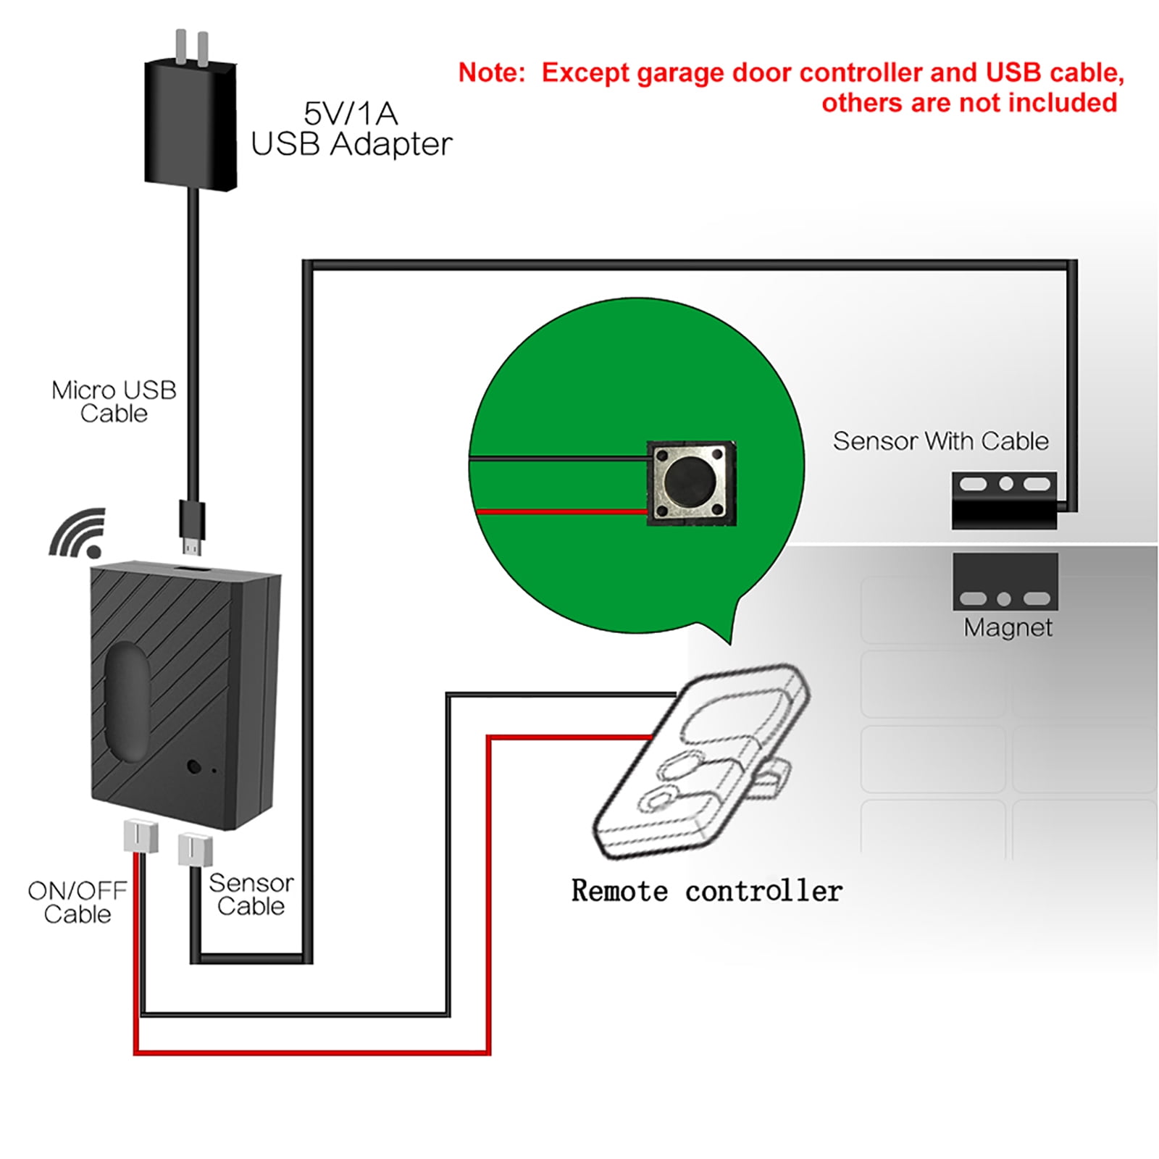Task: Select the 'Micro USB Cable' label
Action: click(114, 401)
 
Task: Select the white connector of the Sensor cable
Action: click(195, 849)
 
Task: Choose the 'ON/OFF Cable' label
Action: click(77, 902)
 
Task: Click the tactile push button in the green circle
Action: click(691, 482)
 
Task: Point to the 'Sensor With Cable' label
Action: click(940, 441)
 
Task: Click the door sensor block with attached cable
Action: click(1004, 501)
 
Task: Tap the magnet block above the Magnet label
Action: click(1005, 582)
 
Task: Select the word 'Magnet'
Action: click(1008, 627)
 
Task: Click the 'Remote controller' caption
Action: click(706, 891)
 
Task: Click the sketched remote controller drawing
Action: click(699, 761)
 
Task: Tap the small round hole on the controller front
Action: click(193, 766)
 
